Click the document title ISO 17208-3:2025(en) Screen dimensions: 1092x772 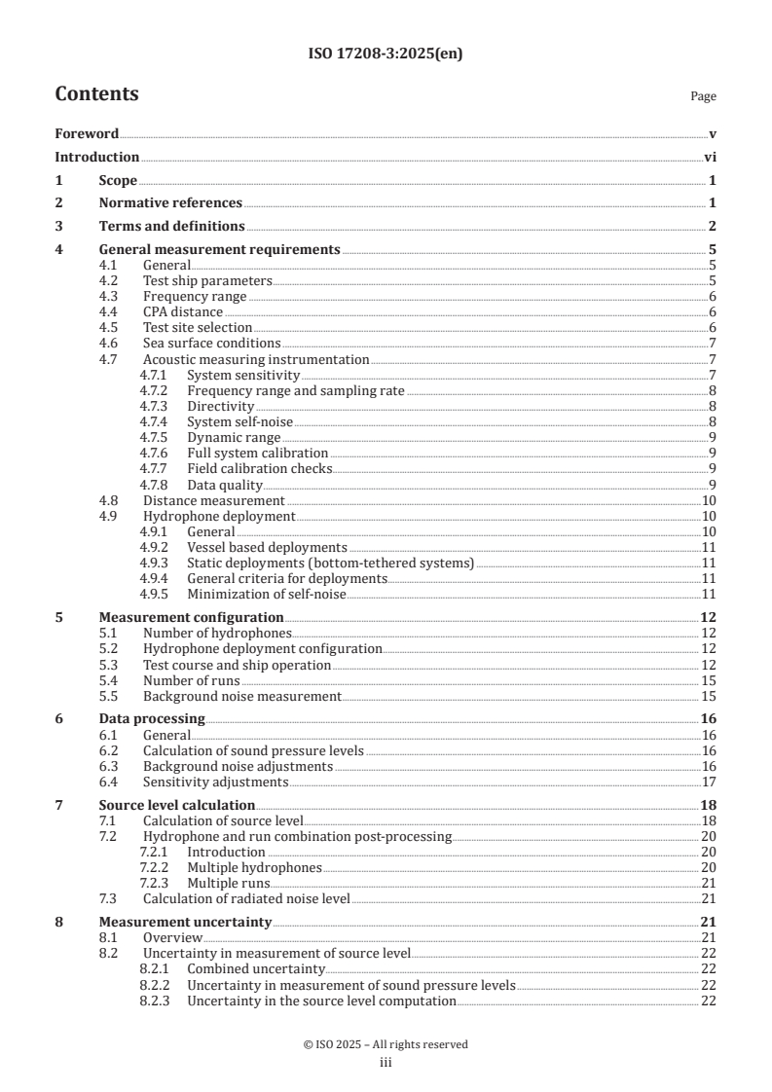(386, 55)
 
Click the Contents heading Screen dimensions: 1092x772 (96, 94)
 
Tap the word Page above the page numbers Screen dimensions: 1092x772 (703, 96)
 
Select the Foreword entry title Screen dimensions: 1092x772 (87, 134)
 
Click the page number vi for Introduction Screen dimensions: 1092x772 (710, 158)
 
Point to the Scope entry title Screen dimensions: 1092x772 (118, 181)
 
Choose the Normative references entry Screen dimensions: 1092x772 (170, 203)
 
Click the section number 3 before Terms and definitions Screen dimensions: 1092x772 (58, 227)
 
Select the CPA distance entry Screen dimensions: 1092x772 (183, 311)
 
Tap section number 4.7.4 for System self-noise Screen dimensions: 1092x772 (154, 421)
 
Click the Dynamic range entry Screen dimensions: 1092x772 (234, 438)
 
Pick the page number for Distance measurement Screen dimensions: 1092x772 (710, 500)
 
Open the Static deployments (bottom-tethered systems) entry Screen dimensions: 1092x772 (330, 563)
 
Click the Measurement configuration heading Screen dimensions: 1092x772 (192, 617)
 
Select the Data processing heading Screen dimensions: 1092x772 (138, 719)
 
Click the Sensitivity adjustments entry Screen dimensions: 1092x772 (215, 782)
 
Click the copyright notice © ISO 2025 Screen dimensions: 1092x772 (386, 1044)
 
